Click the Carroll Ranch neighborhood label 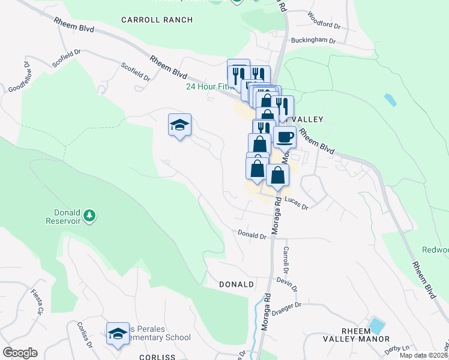tap(157, 20)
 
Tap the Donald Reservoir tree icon tap(89, 215)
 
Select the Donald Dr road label tap(252, 235)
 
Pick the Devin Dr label tap(288, 283)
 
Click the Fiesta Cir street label tap(38, 302)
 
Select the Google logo tap(20, 353)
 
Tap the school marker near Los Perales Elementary tap(118, 334)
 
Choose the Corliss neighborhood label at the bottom tap(157, 356)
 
